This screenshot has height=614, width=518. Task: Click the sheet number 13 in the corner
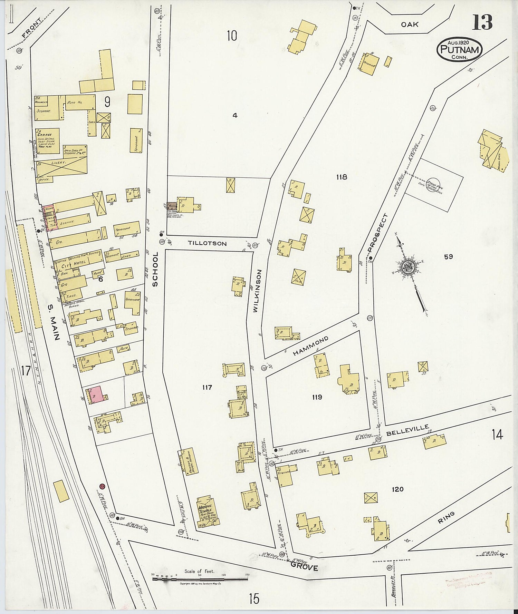tap(482, 22)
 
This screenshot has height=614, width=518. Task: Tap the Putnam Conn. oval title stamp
tap(459, 49)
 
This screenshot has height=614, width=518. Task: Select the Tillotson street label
tap(207, 243)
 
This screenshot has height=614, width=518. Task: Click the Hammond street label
tap(310, 346)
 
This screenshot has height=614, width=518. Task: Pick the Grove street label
tap(304, 567)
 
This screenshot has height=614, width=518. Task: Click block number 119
tap(317, 397)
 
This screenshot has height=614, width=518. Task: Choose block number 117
tap(207, 387)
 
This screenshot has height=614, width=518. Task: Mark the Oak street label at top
tap(410, 25)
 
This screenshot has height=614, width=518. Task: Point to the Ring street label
tap(446, 518)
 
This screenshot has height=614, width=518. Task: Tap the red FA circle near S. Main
tap(102, 486)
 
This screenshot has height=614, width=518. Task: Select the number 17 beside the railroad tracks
tap(26, 371)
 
